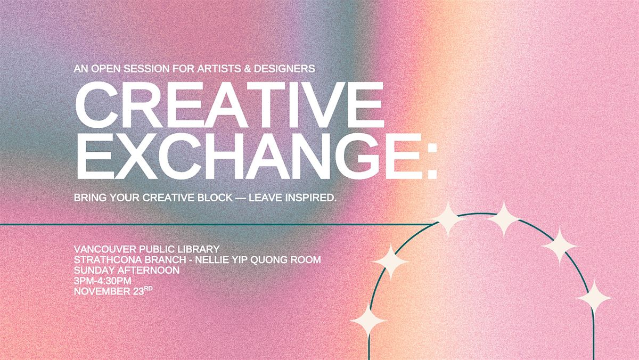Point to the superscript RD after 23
coord(151,289)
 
